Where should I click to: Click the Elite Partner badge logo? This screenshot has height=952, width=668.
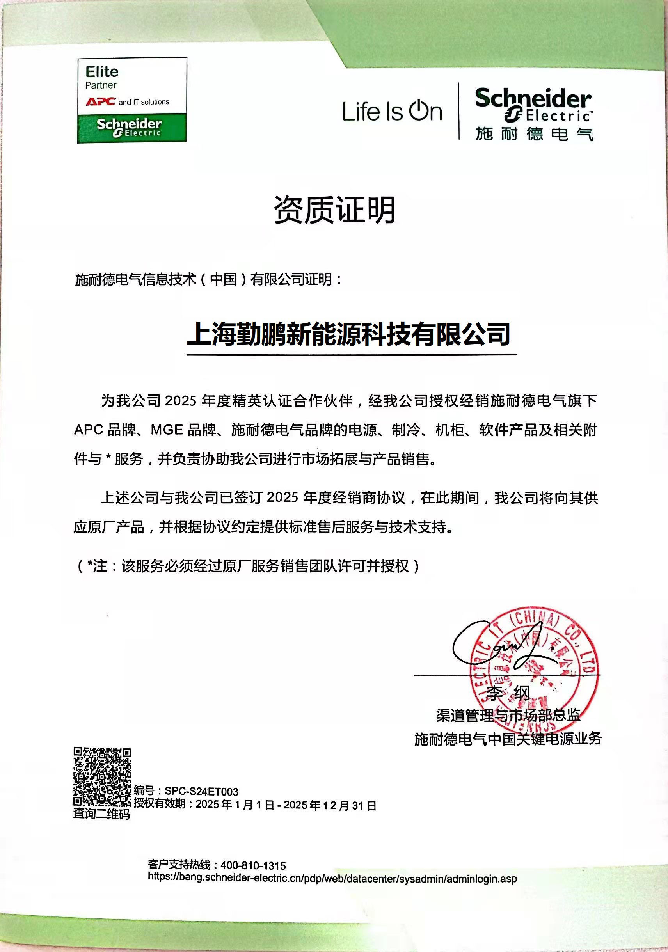pyautogui.click(x=132, y=100)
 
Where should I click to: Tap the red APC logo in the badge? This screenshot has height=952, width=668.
pyautogui.click(x=100, y=101)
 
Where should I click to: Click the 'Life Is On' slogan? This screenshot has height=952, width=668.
pyautogui.click(x=392, y=111)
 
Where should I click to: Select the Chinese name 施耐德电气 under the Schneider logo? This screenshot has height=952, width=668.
pyautogui.click(x=534, y=134)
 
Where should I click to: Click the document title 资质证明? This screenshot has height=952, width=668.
pyautogui.click(x=334, y=210)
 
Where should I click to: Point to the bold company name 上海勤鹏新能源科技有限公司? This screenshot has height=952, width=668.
pyautogui.click(x=348, y=334)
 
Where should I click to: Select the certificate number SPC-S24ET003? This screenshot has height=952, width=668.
pyautogui.click(x=201, y=791)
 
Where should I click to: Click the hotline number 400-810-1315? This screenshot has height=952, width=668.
pyautogui.click(x=253, y=865)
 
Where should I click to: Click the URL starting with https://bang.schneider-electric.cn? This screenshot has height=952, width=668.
pyautogui.click(x=332, y=878)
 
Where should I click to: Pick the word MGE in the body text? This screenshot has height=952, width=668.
pyautogui.click(x=167, y=430)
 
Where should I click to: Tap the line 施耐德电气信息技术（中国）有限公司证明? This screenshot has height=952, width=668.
pyautogui.click(x=209, y=279)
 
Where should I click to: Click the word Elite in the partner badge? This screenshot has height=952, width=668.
pyautogui.click(x=102, y=72)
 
